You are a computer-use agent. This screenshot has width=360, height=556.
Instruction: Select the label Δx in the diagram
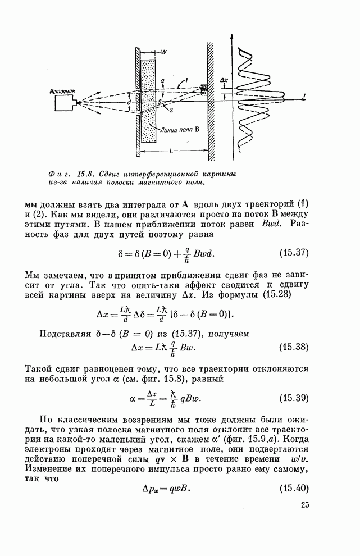pyautogui.click(x=224, y=80)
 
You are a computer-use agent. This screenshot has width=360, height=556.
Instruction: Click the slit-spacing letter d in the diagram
pyautogui.click(x=129, y=103)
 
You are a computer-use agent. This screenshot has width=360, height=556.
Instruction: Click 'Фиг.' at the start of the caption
pyautogui.click(x=57, y=174)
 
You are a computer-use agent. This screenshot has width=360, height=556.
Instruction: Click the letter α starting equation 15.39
pyautogui.click(x=131, y=399)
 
